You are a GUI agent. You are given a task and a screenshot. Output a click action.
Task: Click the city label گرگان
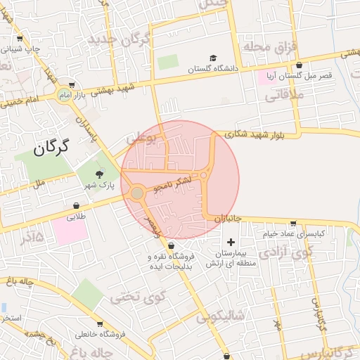coord(53,147)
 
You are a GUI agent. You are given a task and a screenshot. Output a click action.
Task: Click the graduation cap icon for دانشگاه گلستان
coord(212,58)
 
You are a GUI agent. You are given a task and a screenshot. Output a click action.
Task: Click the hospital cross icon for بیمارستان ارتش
coord(231,242)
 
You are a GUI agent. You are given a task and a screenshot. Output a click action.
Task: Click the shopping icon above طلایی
coord(75,205)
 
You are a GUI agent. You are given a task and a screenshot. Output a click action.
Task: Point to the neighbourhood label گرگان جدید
coord(120,39)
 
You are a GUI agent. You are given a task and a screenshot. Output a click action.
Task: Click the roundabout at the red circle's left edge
coord(137,193)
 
